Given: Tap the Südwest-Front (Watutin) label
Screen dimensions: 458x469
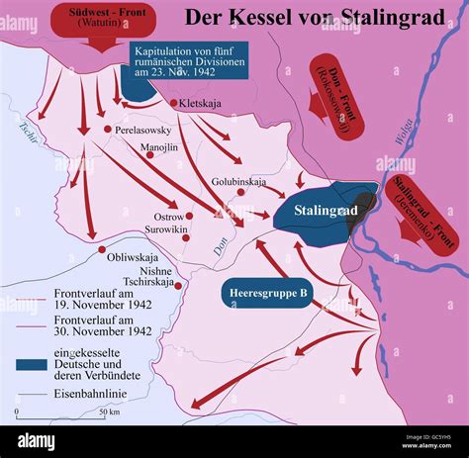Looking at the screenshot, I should click(97, 18).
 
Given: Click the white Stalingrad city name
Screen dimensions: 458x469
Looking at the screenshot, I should click(325, 211).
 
